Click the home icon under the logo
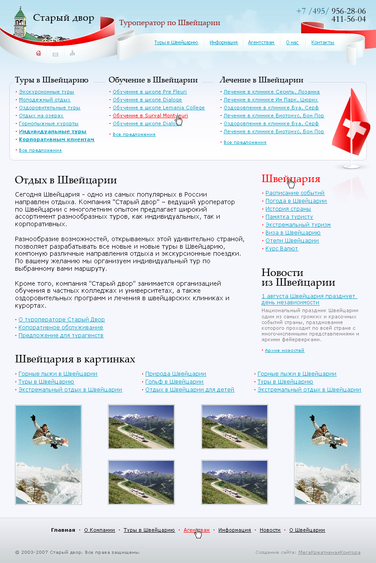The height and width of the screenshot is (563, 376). tap(38, 53)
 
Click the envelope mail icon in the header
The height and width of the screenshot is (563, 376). tap(55, 55)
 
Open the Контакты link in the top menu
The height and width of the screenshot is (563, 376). tap(323, 43)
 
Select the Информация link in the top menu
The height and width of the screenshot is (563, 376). tap(224, 43)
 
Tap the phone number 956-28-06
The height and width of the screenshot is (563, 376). tap(348, 11)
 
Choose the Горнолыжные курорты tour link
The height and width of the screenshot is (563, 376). tap(48, 123)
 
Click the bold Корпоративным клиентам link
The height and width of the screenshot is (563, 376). tap(56, 139)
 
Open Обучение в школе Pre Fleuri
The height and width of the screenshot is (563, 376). tap(150, 92)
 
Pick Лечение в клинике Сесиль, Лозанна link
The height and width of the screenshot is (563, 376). tap(272, 92)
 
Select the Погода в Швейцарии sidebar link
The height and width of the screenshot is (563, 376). tap(296, 201)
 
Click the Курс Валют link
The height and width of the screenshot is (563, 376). tap(282, 249)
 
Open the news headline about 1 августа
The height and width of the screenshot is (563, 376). tap(309, 296)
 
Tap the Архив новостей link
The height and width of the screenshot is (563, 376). tap(284, 350)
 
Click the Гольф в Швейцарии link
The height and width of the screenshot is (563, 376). tap(174, 382)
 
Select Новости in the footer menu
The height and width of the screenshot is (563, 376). tap(270, 530)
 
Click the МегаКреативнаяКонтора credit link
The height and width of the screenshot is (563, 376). tap(329, 552)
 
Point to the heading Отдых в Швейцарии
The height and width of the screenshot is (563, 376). tap(66, 180)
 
